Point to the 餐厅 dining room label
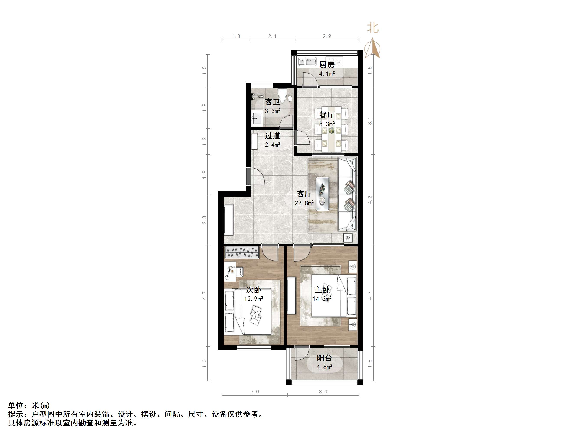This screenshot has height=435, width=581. pos(327,115)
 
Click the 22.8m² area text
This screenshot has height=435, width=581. pos(304,203)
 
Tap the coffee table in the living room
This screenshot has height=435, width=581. pos(323,194)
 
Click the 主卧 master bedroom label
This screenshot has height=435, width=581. pos(322,290)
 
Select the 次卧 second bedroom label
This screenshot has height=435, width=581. pos(253,290)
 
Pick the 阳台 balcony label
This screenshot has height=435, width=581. pos(324,358)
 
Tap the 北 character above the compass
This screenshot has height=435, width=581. pos(373,28)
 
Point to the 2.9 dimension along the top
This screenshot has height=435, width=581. pos(327,36)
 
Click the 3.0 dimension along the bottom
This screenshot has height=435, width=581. pos(255,392)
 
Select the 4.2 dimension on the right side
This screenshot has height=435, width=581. pos(370,200)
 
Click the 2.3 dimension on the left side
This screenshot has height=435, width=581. pos(204,220)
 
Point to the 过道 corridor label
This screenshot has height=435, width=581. pos(272,135)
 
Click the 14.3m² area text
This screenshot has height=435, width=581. pos(322,299)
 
